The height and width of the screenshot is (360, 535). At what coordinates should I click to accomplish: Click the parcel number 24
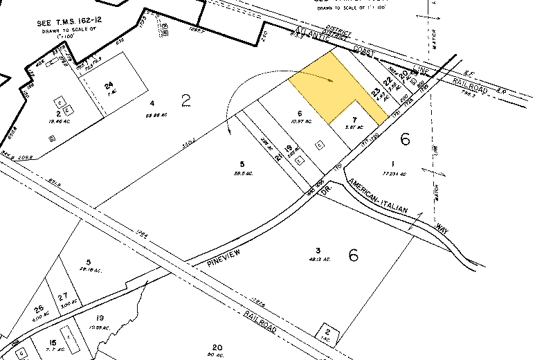coord(109,86)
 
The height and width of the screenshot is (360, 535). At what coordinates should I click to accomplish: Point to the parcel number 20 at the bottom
coord(217,348)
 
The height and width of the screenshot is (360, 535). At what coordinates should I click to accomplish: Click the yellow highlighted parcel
coord(325,87)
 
